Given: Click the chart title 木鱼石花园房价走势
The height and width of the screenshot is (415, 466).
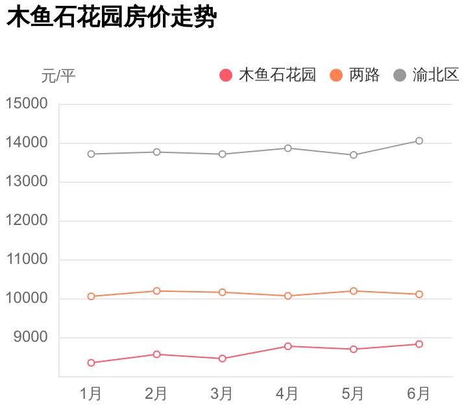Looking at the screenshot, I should pos(110,18).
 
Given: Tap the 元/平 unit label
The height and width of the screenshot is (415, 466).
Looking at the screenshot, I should pos(58,77).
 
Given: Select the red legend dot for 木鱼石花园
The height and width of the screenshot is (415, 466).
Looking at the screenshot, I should pos(226,76).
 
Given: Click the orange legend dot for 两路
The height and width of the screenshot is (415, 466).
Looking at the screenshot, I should pos(336,76).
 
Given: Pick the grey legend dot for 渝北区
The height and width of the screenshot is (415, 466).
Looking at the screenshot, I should pos(400,76).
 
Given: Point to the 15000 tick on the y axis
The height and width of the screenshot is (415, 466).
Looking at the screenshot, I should pos(27,104).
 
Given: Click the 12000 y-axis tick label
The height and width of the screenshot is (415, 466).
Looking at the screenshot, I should pos(27,220).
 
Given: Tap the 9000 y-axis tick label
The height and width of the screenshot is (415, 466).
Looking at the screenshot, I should pos(31,337).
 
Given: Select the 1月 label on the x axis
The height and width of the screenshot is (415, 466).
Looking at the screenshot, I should pos(91,394).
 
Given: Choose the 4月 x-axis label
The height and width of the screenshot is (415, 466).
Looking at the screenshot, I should pos(288,394).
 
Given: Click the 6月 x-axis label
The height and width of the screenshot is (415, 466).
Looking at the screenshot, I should pos(419,394).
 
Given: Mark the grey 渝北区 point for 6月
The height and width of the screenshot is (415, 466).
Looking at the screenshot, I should pos(419,141).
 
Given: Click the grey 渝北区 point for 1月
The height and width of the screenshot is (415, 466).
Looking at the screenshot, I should pos(91,154).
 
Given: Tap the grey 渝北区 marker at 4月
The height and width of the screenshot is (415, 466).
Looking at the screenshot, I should pos(288,148).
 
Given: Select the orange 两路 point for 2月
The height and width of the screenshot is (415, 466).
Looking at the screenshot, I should pos(156,291).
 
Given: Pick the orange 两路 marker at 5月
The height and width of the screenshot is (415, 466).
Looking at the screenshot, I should pos(354,291).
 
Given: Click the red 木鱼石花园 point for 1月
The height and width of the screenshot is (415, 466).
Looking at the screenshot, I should pos(91,362).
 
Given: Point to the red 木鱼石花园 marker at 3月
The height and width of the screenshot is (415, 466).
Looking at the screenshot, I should pos(222,359).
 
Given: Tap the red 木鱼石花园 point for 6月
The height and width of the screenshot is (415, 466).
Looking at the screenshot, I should pos(419,344).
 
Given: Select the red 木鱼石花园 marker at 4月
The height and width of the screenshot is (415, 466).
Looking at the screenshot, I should pos(288,346).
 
